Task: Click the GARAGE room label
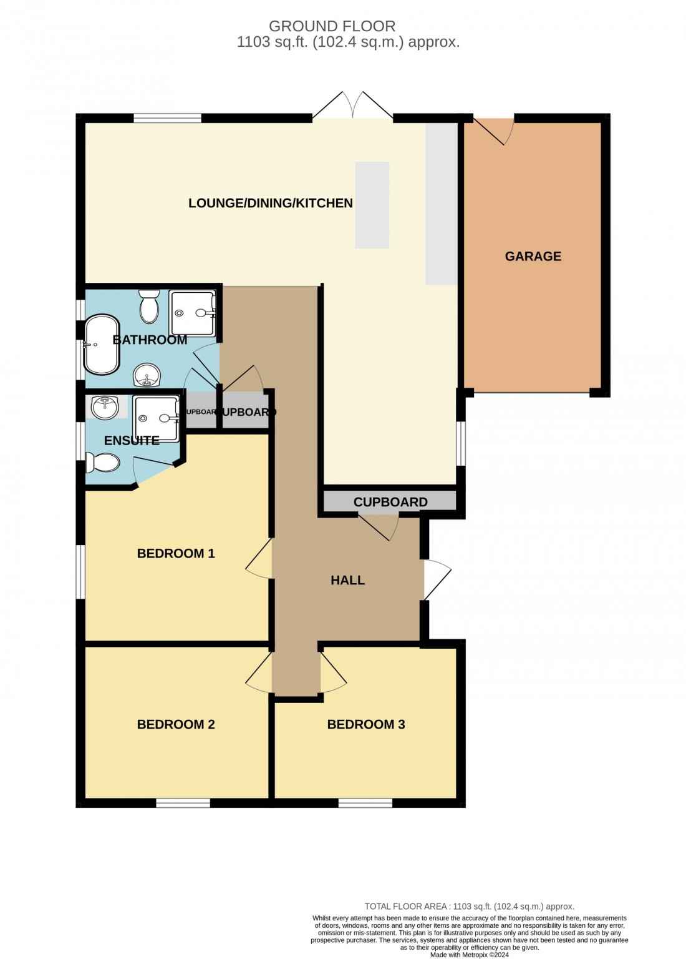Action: [x=533, y=256]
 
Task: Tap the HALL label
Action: [x=347, y=580]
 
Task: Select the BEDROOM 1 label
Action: [x=175, y=553]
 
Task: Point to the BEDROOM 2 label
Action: [x=175, y=724]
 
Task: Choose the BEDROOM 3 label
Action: [x=365, y=724]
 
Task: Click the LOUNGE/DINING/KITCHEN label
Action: [x=270, y=203]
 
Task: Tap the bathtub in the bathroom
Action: [x=102, y=344]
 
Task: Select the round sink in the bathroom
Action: [x=147, y=376]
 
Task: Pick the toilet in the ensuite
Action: [x=104, y=463]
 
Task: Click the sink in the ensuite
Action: [x=105, y=408]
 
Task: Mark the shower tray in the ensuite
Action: [x=156, y=418]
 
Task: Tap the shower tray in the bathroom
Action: [x=192, y=313]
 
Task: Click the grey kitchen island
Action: [x=372, y=205]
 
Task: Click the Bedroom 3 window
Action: [x=365, y=803]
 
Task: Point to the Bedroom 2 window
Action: [x=183, y=803]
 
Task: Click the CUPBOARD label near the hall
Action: [x=390, y=502]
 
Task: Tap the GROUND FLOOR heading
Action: [x=332, y=26]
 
